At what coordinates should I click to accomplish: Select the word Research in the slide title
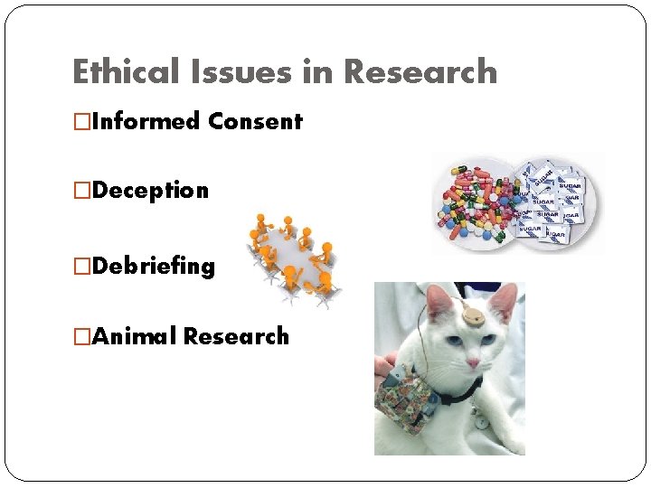click(420, 71)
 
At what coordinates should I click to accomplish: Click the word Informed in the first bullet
click(146, 121)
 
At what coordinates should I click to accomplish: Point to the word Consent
click(255, 121)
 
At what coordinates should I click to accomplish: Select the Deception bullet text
click(149, 191)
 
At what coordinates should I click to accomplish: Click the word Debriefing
click(153, 266)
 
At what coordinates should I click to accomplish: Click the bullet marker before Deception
click(81, 191)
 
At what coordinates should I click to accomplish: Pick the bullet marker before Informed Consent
click(81, 121)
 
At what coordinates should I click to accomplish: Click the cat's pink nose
click(472, 362)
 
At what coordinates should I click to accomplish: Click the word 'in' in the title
click(317, 71)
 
